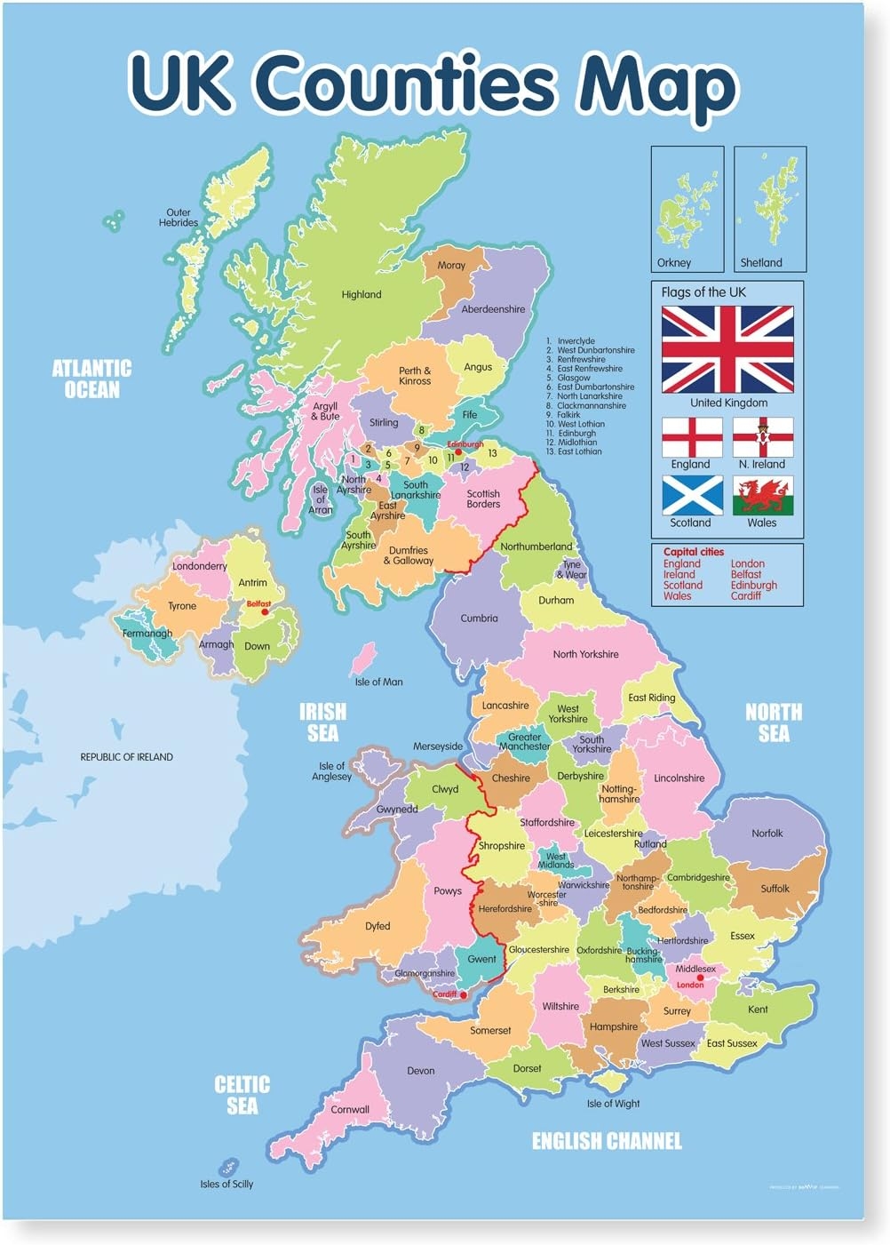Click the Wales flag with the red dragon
point(763,495)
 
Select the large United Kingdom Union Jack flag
point(727,349)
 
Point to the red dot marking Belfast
point(264,612)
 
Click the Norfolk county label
point(767,834)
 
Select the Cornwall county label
point(350,1109)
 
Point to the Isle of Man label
point(378,682)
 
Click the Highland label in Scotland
point(362,294)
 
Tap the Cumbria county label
point(479,618)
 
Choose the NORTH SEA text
point(773,722)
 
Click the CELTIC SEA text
point(242,1095)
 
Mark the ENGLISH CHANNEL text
point(607,1141)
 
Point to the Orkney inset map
point(687,208)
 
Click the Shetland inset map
point(771,208)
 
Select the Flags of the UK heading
point(703,292)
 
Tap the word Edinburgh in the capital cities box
point(753,585)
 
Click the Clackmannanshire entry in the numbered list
point(591,405)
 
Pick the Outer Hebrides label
point(179,218)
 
